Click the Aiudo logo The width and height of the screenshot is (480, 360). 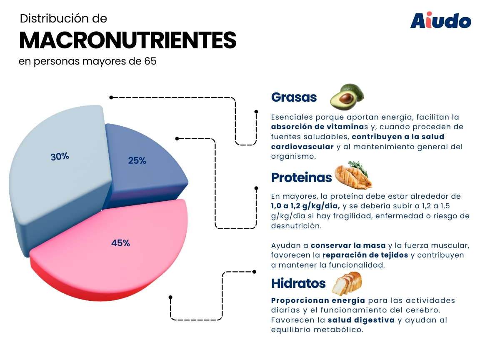(x=440, y=20)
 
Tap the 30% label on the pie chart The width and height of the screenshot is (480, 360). (x=60, y=157)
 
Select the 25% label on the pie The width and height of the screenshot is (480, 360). (x=137, y=160)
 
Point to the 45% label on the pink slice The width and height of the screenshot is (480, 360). (x=120, y=243)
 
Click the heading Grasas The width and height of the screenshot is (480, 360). (x=294, y=97)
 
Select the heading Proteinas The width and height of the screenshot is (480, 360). (x=301, y=177)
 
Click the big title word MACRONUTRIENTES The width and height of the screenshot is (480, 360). (x=127, y=40)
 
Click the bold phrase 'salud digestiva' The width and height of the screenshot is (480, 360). (x=361, y=320)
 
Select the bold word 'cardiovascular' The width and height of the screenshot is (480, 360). (x=302, y=147)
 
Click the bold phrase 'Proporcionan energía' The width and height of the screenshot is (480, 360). (x=318, y=300)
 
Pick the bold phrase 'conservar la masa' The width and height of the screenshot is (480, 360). (x=348, y=245)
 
